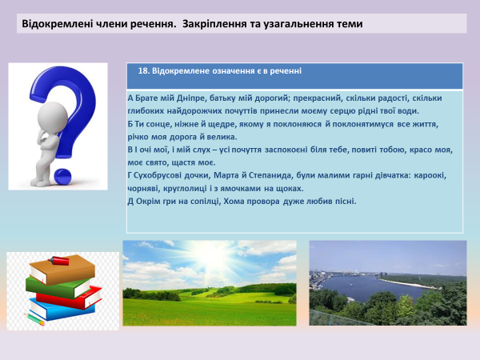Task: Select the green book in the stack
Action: pyautogui.click(x=52, y=282)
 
